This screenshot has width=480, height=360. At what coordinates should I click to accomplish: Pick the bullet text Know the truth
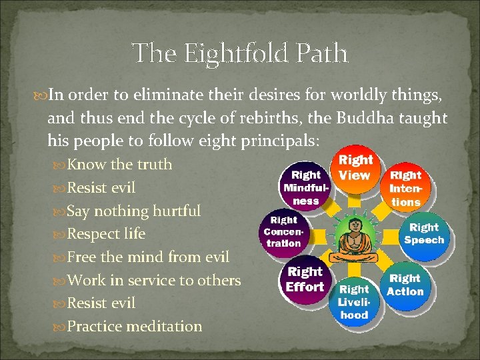[x=119, y=165]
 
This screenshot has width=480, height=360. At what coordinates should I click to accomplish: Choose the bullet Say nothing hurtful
[x=134, y=211]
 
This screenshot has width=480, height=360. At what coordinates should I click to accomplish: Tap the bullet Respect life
[x=106, y=234]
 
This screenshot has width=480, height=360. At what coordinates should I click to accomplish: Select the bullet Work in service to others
[x=154, y=281]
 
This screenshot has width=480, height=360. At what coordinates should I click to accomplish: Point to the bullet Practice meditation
[x=135, y=327]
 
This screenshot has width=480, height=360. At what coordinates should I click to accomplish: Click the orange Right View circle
[x=355, y=168]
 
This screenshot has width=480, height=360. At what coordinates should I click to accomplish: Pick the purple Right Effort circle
[x=305, y=279]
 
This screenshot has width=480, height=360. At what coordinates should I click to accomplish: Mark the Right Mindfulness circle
[x=305, y=187]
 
